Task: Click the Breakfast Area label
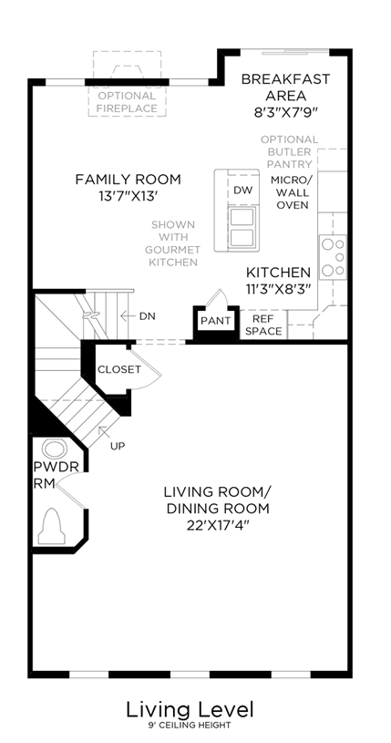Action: pos(285,88)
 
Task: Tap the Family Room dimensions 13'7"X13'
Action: pos(128,196)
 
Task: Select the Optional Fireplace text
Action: pos(127,102)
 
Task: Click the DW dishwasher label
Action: pos(243,190)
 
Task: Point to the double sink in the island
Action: pos(243,227)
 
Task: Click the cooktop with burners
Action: pos(334,257)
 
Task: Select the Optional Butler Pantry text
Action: pos(289,152)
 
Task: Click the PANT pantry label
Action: pos(216,321)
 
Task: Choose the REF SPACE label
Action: pos(263,325)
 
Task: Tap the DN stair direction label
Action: pos(147,316)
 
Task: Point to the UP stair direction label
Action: pos(118,446)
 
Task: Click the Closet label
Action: pos(119,369)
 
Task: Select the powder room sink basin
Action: pos(55,449)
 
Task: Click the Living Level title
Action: pos(190,710)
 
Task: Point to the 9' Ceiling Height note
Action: pos(190,726)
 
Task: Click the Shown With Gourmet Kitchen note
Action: pos(173,243)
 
